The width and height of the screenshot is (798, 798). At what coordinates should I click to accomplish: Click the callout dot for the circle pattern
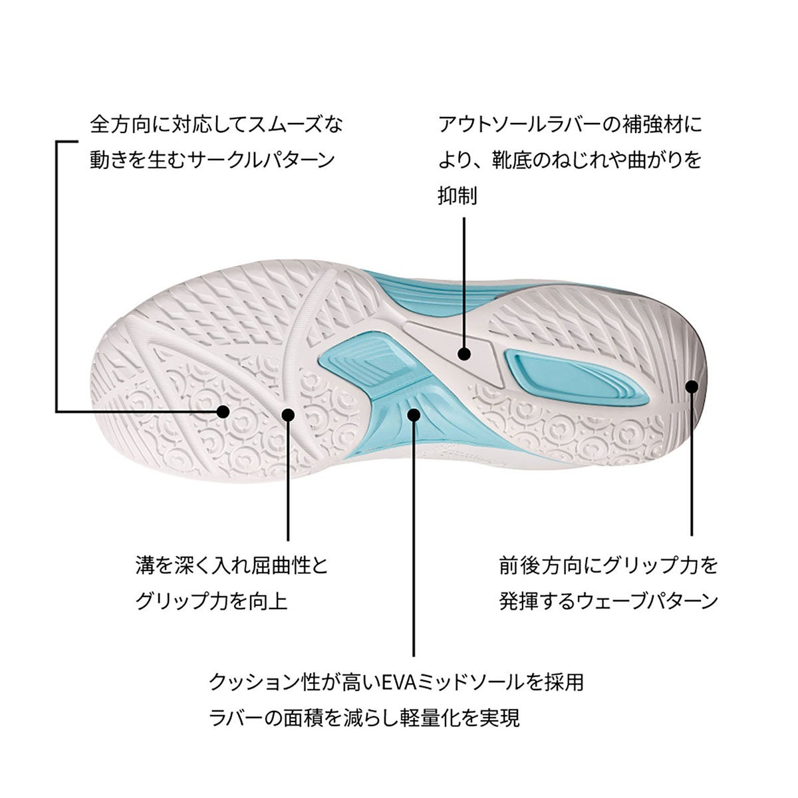pyautogui.click(x=223, y=412)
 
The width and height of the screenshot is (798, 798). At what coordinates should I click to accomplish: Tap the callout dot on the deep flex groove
pyautogui.click(x=288, y=414)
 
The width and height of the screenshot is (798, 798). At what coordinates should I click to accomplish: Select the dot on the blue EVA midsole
pyautogui.click(x=414, y=414)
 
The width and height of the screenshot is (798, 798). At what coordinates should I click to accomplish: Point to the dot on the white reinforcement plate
pyautogui.click(x=465, y=354)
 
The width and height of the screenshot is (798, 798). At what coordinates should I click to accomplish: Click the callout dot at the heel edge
pyautogui.click(x=692, y=386)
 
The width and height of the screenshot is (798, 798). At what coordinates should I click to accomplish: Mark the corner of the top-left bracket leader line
pyautogui.click(x=57, y=142)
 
